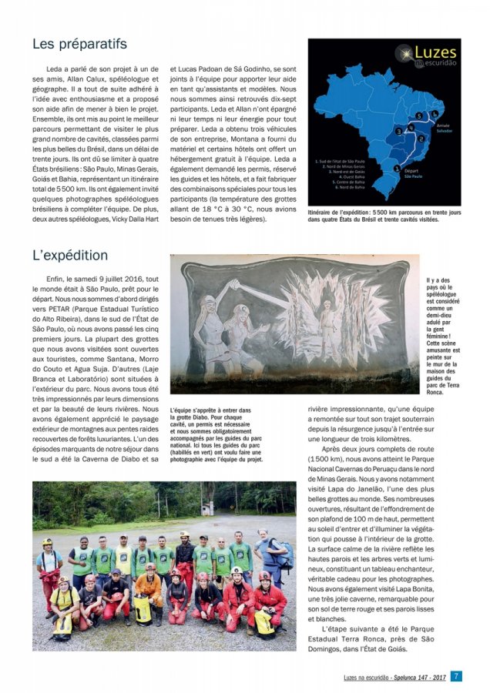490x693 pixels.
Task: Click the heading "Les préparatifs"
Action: point(79,44)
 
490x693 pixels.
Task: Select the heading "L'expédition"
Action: point(70,255)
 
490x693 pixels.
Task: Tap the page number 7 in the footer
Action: point(457,677)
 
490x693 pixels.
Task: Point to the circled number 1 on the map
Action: point(398,169)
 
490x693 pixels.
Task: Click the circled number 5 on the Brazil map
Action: point(417,115)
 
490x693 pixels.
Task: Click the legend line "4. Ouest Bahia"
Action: point(344,176)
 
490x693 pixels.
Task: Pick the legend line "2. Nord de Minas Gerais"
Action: point(344,166)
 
